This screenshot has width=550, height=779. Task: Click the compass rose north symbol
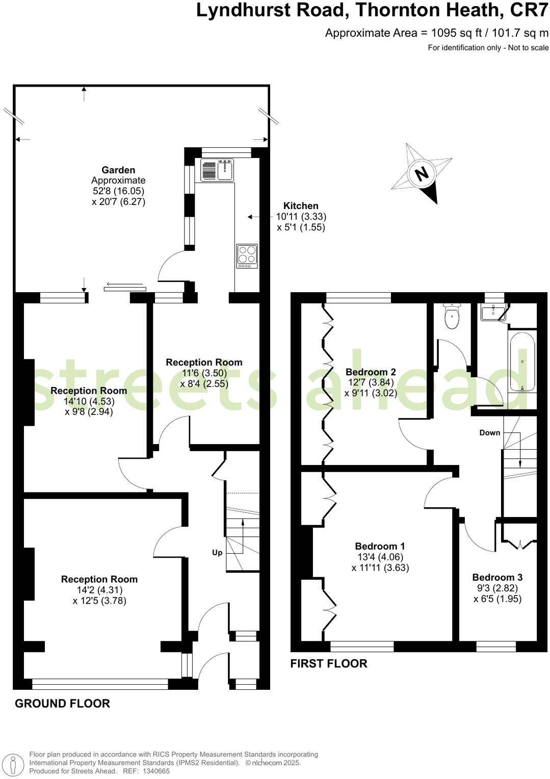(422, 174)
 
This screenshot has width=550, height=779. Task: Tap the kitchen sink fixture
(217, 170)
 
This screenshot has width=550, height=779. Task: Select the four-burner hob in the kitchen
(247, 256)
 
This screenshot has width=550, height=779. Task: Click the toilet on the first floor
(452, 317)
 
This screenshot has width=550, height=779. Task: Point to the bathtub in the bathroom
(522, 361)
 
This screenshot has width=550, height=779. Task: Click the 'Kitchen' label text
(301, 206)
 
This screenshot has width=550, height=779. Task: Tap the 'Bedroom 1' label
(380, 546)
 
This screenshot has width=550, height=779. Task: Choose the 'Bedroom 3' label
(497, 577)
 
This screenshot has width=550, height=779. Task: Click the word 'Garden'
(118, 170)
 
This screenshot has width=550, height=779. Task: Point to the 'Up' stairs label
(217, 553)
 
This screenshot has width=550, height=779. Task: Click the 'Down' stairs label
(489, 433)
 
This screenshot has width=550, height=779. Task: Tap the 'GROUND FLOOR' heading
(62, 704)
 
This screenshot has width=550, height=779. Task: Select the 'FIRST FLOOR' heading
(329, 663)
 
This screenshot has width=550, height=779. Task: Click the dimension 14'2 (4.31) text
(99, 590)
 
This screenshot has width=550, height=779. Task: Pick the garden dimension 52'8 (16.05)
(118, 191)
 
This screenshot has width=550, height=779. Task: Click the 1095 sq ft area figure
(456, 33)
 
